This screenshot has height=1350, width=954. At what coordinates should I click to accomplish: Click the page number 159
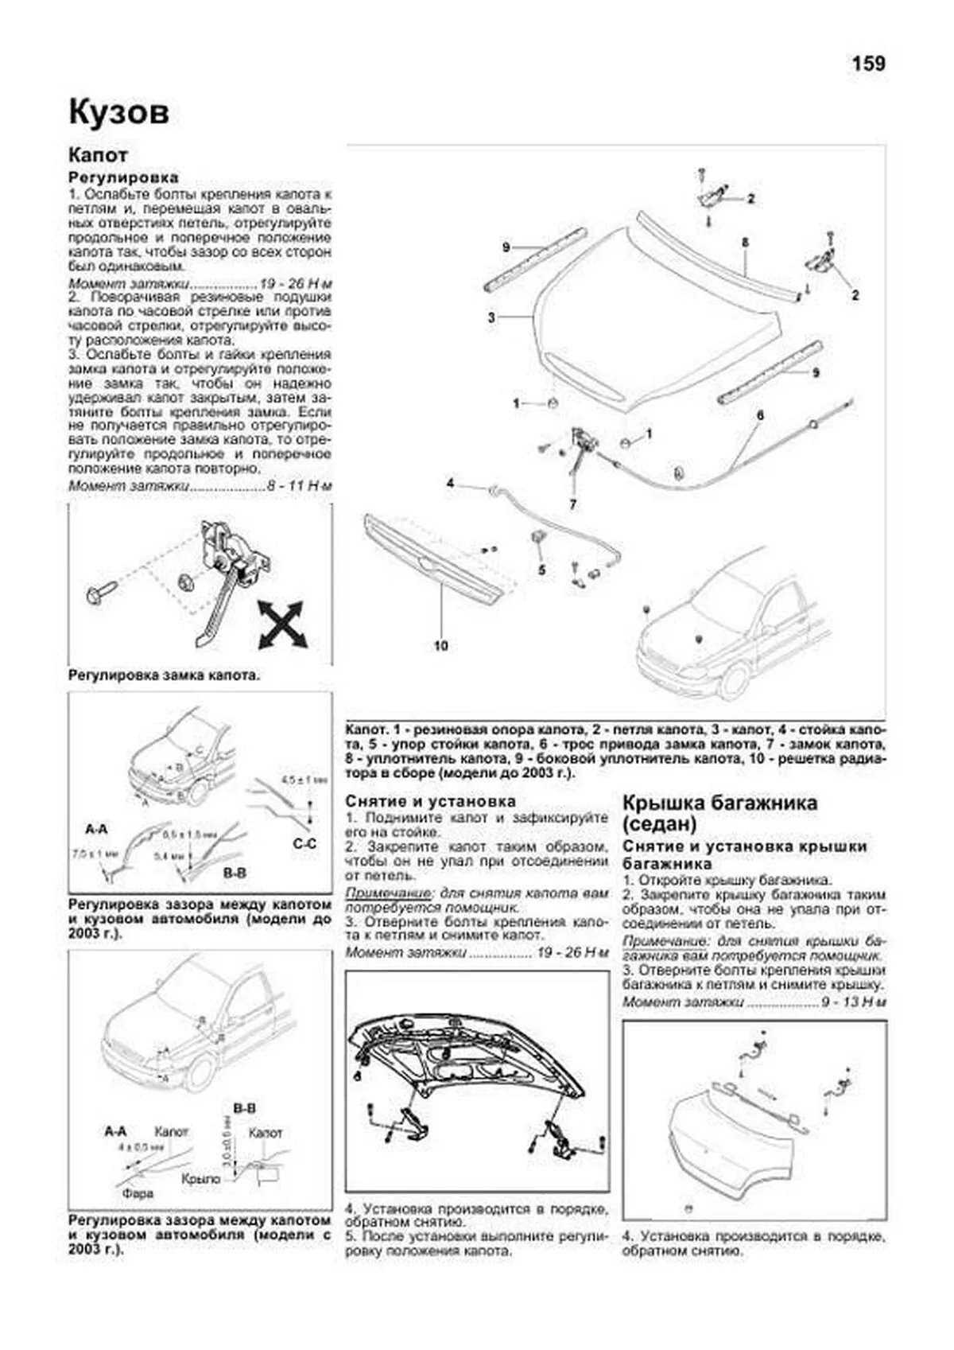click(868, 64)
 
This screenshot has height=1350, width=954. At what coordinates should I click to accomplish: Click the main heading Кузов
click(118, 112)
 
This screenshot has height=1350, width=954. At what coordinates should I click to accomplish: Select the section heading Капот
click(98, 155)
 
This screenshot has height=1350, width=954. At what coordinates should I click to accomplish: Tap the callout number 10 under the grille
click(440, 645)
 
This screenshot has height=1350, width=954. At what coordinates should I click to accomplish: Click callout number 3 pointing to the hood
click(492, 317)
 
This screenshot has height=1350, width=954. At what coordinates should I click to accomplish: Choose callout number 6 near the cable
click(760, 415)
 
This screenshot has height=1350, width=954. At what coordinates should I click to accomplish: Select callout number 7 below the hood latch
click(572, 504)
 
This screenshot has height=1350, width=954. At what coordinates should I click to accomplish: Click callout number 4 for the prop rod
click(450, 483)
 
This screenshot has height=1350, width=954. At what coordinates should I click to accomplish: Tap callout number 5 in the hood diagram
click(541, 570)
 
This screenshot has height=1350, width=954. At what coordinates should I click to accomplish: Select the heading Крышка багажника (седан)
click(719, 812)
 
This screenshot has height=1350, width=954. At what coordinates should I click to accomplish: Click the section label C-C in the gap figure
click(305, 843)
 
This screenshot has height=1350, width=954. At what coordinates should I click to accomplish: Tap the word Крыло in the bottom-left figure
click(200, 1179)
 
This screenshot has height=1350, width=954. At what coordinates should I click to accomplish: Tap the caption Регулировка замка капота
click(164, 675)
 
